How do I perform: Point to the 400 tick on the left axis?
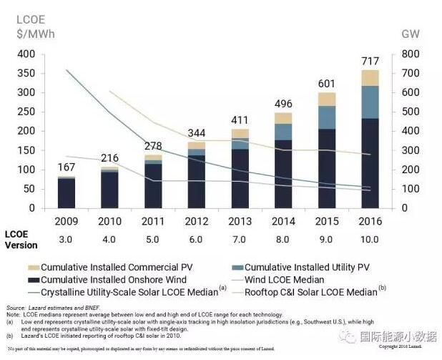coord(25,54)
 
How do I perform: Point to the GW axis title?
coord(410,34)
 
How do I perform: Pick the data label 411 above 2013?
coord(240,120)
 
